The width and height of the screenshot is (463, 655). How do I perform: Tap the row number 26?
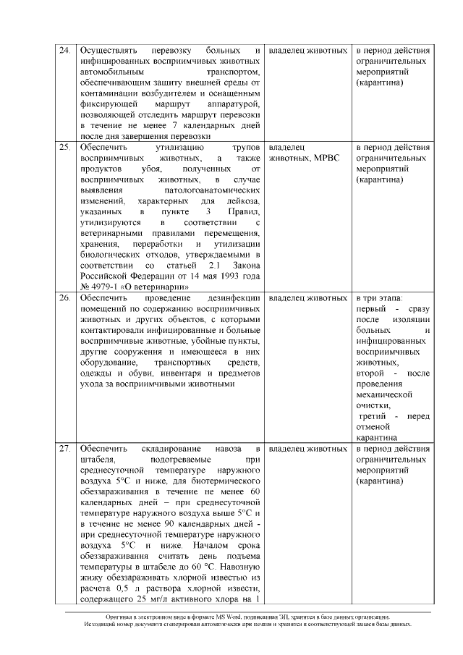pos(64,298)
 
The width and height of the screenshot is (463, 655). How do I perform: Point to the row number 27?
pos(64,449)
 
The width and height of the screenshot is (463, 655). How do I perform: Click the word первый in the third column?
pos(373,309)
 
